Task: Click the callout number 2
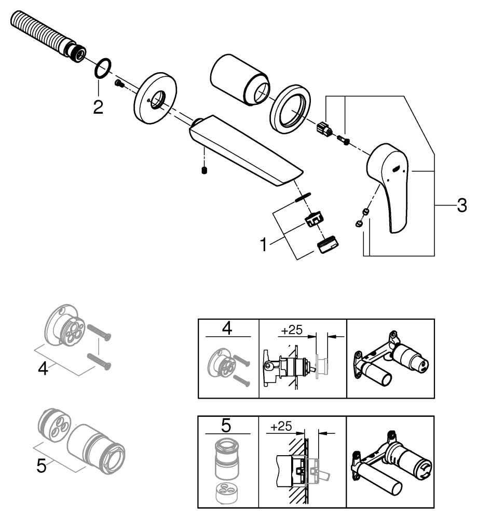tap(98, 107)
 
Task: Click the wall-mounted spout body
tap(244, 150)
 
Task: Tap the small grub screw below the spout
tap(205, 171)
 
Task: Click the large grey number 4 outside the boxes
tap(44, 369)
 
